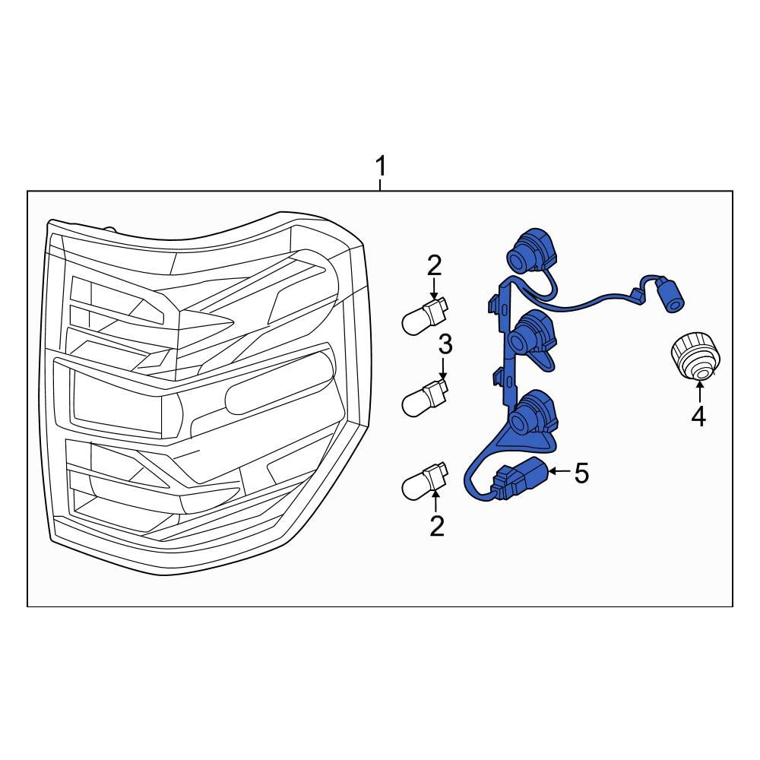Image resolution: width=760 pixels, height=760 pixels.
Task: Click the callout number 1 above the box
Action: click(382, 166)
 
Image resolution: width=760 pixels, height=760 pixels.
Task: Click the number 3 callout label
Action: click(445, 344)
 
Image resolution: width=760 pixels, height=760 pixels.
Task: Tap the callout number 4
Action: click(698, 416)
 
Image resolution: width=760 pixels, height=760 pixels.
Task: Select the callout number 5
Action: click(581, 473)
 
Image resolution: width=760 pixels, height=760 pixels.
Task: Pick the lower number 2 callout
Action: click(437, 527)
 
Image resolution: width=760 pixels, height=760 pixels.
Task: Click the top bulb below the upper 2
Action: click(425, 315)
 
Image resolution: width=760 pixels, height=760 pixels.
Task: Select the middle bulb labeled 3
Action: click(425, 398)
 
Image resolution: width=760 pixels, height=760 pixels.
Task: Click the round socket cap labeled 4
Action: click(695, 356)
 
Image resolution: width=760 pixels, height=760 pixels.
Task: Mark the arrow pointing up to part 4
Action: click(699, 393)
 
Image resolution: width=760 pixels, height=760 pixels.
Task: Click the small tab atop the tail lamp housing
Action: click(110, 229)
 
